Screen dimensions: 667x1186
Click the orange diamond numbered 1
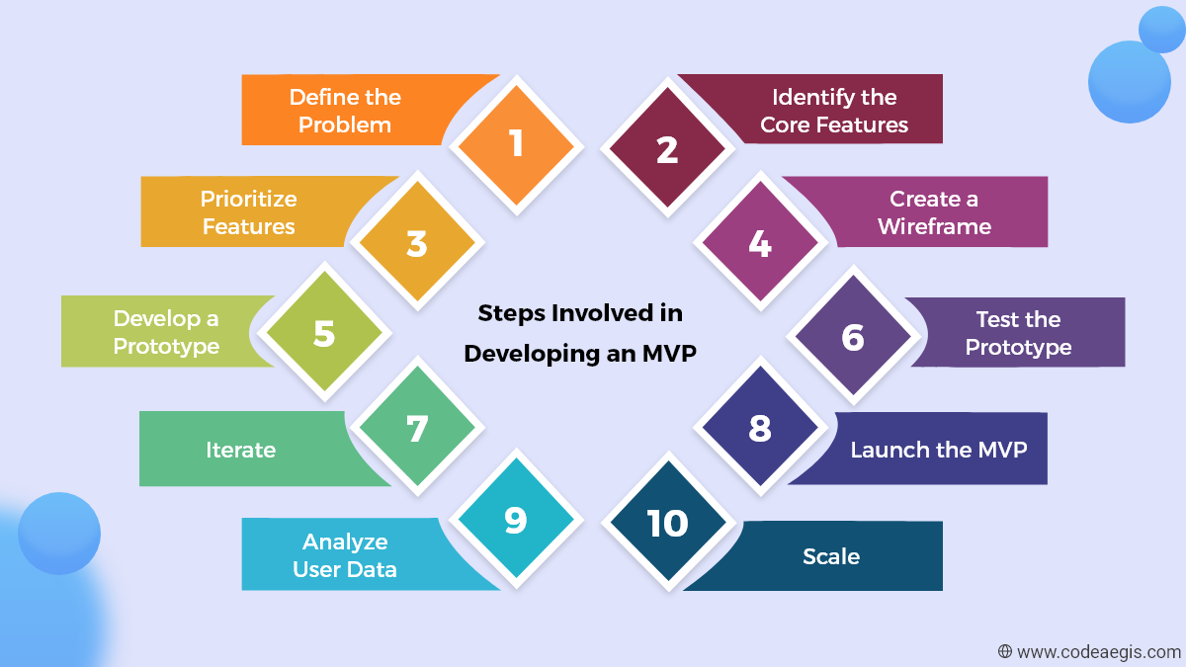tap(516, 145)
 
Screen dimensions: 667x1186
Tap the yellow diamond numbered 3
tap(417, 243)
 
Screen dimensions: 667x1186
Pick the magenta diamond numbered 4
tap(759, 243)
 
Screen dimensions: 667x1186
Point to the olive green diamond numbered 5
tap(324, 334)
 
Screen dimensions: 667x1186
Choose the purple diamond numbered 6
tap(853, 338)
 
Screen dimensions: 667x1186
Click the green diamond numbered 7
tap(417, 429)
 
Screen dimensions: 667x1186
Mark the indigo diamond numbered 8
tap(759, 429)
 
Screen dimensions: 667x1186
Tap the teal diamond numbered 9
tap(516, 521)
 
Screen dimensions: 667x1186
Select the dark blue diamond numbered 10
tap(667, 523)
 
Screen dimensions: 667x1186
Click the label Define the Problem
tap(345, 111)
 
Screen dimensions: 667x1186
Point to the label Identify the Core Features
tap(834, 111)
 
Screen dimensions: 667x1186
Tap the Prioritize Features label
tap(249, 212)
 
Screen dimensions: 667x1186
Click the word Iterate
tap(240, 450)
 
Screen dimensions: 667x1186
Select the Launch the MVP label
tap(939, 450)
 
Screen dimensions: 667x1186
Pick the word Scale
tap(831, 556)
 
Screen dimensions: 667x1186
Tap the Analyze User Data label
tap(345, 555)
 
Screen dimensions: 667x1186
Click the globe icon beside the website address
tap(1005, 651)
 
